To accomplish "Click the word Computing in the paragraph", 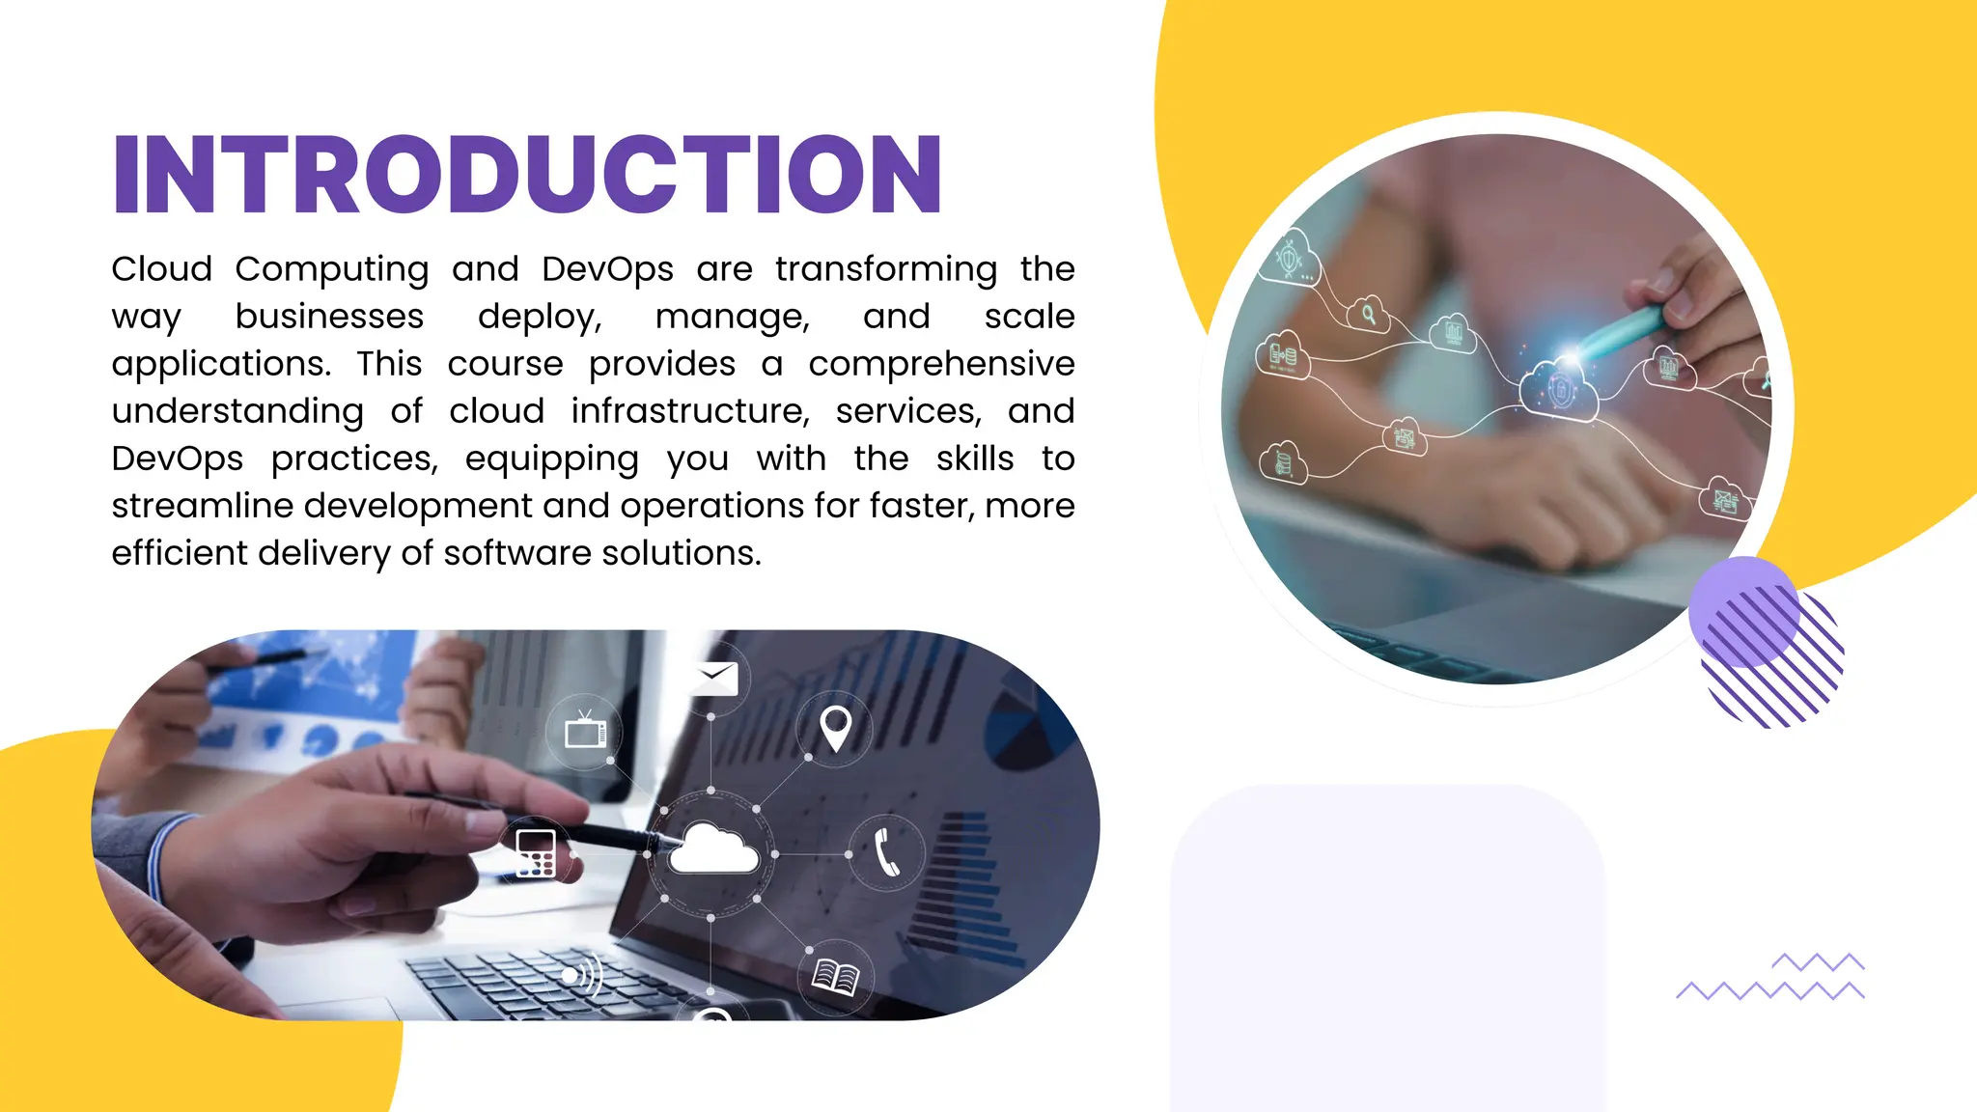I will [331, 269].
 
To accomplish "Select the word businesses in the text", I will [329, 317].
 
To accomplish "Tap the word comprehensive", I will [941, 364].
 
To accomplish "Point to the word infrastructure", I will [689, 411].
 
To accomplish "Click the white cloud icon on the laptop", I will [712, 850].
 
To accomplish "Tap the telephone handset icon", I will [886, 852].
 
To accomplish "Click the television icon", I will [585, 732].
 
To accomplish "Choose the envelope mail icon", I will [715, 678].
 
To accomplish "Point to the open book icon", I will [835, 977].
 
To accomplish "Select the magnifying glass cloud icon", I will [1368, 314].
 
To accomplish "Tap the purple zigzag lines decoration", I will [1771, 979].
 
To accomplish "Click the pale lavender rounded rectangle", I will [1387, 946].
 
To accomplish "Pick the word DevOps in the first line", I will [607, 269].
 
